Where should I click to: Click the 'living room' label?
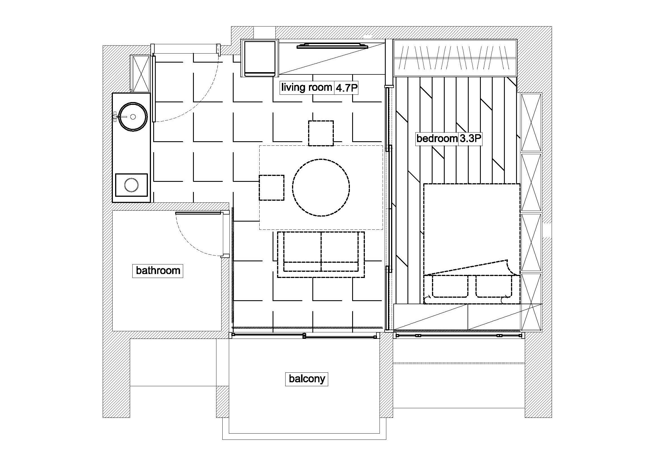306,87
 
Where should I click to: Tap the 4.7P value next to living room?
346,88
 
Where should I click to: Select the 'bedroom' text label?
437,139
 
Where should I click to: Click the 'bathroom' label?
158,270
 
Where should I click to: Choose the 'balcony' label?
307,379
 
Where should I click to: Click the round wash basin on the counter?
133,117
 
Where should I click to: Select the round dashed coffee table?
321,187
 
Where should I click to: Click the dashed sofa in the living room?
321,255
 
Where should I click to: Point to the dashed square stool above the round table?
321,133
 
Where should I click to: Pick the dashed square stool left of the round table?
271,188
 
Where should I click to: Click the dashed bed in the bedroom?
472,244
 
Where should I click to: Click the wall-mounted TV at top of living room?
332,46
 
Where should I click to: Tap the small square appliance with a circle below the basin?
131,185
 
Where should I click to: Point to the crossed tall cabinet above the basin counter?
140,73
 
